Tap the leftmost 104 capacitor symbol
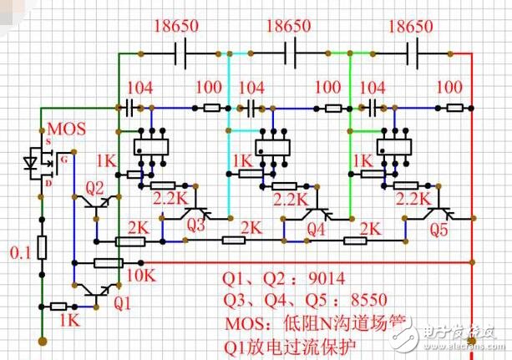129,108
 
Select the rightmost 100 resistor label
449,88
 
